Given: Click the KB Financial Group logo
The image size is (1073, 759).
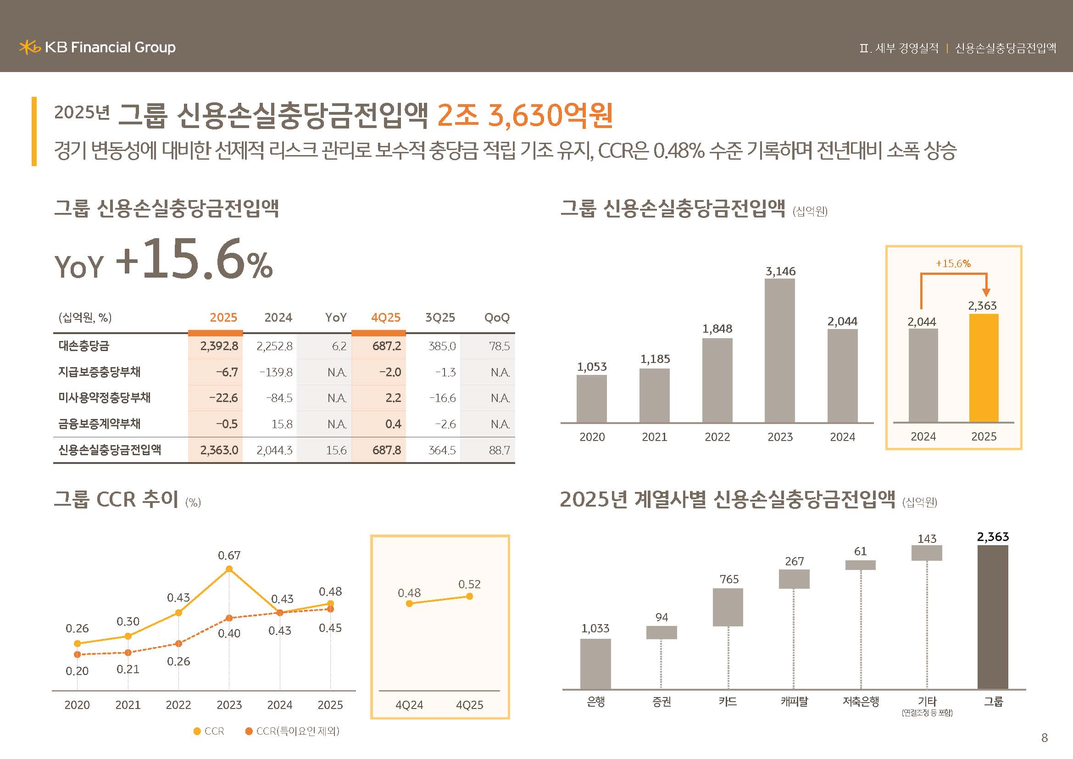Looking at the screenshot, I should tap(97, 47).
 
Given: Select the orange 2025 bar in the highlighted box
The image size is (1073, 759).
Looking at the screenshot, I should tap(984, 368).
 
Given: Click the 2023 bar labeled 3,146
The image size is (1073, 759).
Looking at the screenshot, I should tap(779, 351).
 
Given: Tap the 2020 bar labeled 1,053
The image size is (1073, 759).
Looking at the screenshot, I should tap(592, 399).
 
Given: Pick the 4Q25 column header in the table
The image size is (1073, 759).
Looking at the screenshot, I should tap(385, 318).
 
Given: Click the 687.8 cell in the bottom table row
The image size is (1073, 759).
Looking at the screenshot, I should tap(386, 450).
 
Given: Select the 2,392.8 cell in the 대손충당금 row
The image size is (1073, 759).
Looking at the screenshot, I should tap(219, 346).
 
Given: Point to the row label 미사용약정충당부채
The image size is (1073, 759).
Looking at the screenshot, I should tap(104, 398).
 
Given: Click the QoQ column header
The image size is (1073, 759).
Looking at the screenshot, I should tap(496, 318).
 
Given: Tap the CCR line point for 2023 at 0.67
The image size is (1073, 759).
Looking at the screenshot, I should tap(229, 569).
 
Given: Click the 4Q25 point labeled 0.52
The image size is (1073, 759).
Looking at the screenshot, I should tap(470, 597).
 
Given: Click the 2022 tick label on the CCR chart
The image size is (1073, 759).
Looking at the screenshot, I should tap(178, 705).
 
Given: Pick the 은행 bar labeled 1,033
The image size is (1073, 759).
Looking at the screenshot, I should tap(595, 664).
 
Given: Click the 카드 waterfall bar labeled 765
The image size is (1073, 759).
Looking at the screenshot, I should tap(728, 607).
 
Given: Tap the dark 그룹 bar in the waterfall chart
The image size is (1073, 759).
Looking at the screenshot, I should tap(993, 617).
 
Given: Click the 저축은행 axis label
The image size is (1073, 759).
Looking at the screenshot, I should tap(861, 702).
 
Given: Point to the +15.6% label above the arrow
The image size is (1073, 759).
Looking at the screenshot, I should tap(953, 263).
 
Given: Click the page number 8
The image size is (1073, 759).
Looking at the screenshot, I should tap(1045, 738).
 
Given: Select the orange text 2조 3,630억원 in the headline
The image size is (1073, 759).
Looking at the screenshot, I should tap(525, 115).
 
